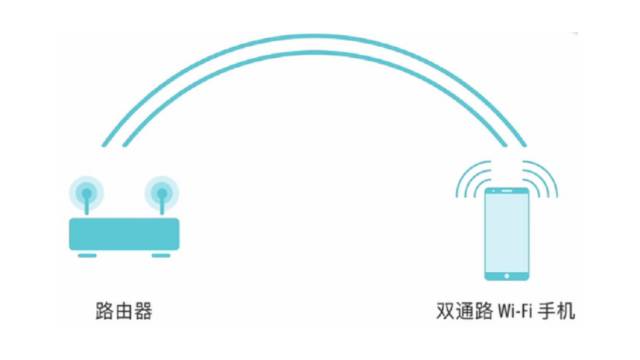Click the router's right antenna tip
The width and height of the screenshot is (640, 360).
click(x=158, y=190)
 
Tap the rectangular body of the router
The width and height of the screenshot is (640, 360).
click(x=123, y=233)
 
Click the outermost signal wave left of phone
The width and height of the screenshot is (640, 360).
click(x=461, y=180)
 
